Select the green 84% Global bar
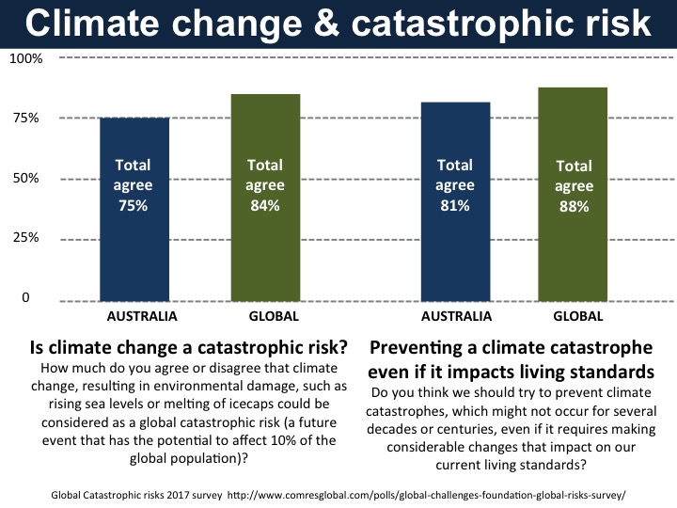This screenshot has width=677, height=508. click(266, 198)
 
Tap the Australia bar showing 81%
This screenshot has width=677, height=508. click(455, 201)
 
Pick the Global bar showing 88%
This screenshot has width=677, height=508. click(573, 194)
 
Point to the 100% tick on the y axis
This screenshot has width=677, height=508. click(25, 58)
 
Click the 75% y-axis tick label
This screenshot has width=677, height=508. click(25, 119)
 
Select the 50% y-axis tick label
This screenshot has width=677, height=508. click(25, 179)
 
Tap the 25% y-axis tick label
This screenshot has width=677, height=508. click(25, 238)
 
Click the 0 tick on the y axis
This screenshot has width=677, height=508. click(25, 298)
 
